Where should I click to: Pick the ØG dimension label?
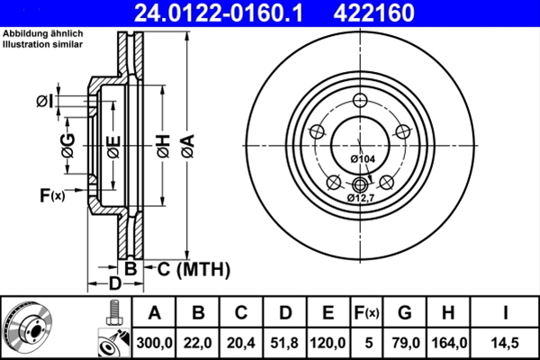pos(67,143)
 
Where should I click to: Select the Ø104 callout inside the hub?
pos(362,159)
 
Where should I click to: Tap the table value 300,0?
pos(154,341)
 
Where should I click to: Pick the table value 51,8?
pos(283,341)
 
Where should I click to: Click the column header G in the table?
pos(404,313)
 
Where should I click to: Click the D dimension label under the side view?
pos(114,284)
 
